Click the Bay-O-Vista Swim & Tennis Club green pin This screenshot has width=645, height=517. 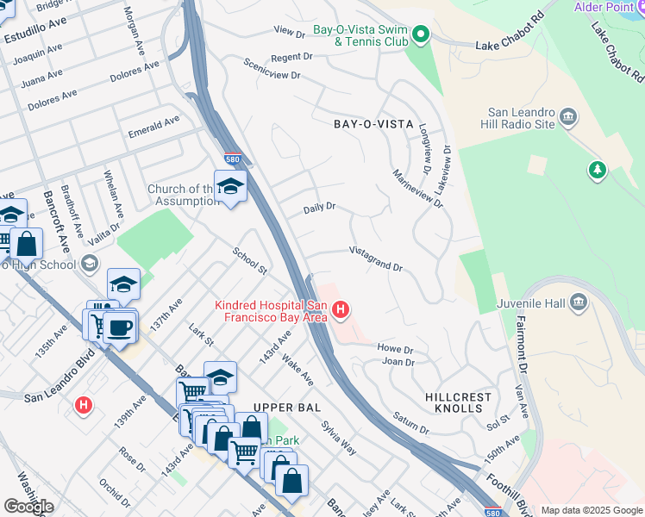[x=421, y=35]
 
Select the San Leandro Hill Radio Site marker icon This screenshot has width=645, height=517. [x=568, y=116]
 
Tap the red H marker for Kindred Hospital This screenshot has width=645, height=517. [x=341, y=309]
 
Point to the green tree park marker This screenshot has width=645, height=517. [x=597, y=170]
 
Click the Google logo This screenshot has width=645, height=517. [x=28, y=506]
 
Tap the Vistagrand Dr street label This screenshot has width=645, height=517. [x=376, y=258]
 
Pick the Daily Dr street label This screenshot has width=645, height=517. [x=319, y=209]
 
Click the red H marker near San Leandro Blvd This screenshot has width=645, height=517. [x=84, y=404]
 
